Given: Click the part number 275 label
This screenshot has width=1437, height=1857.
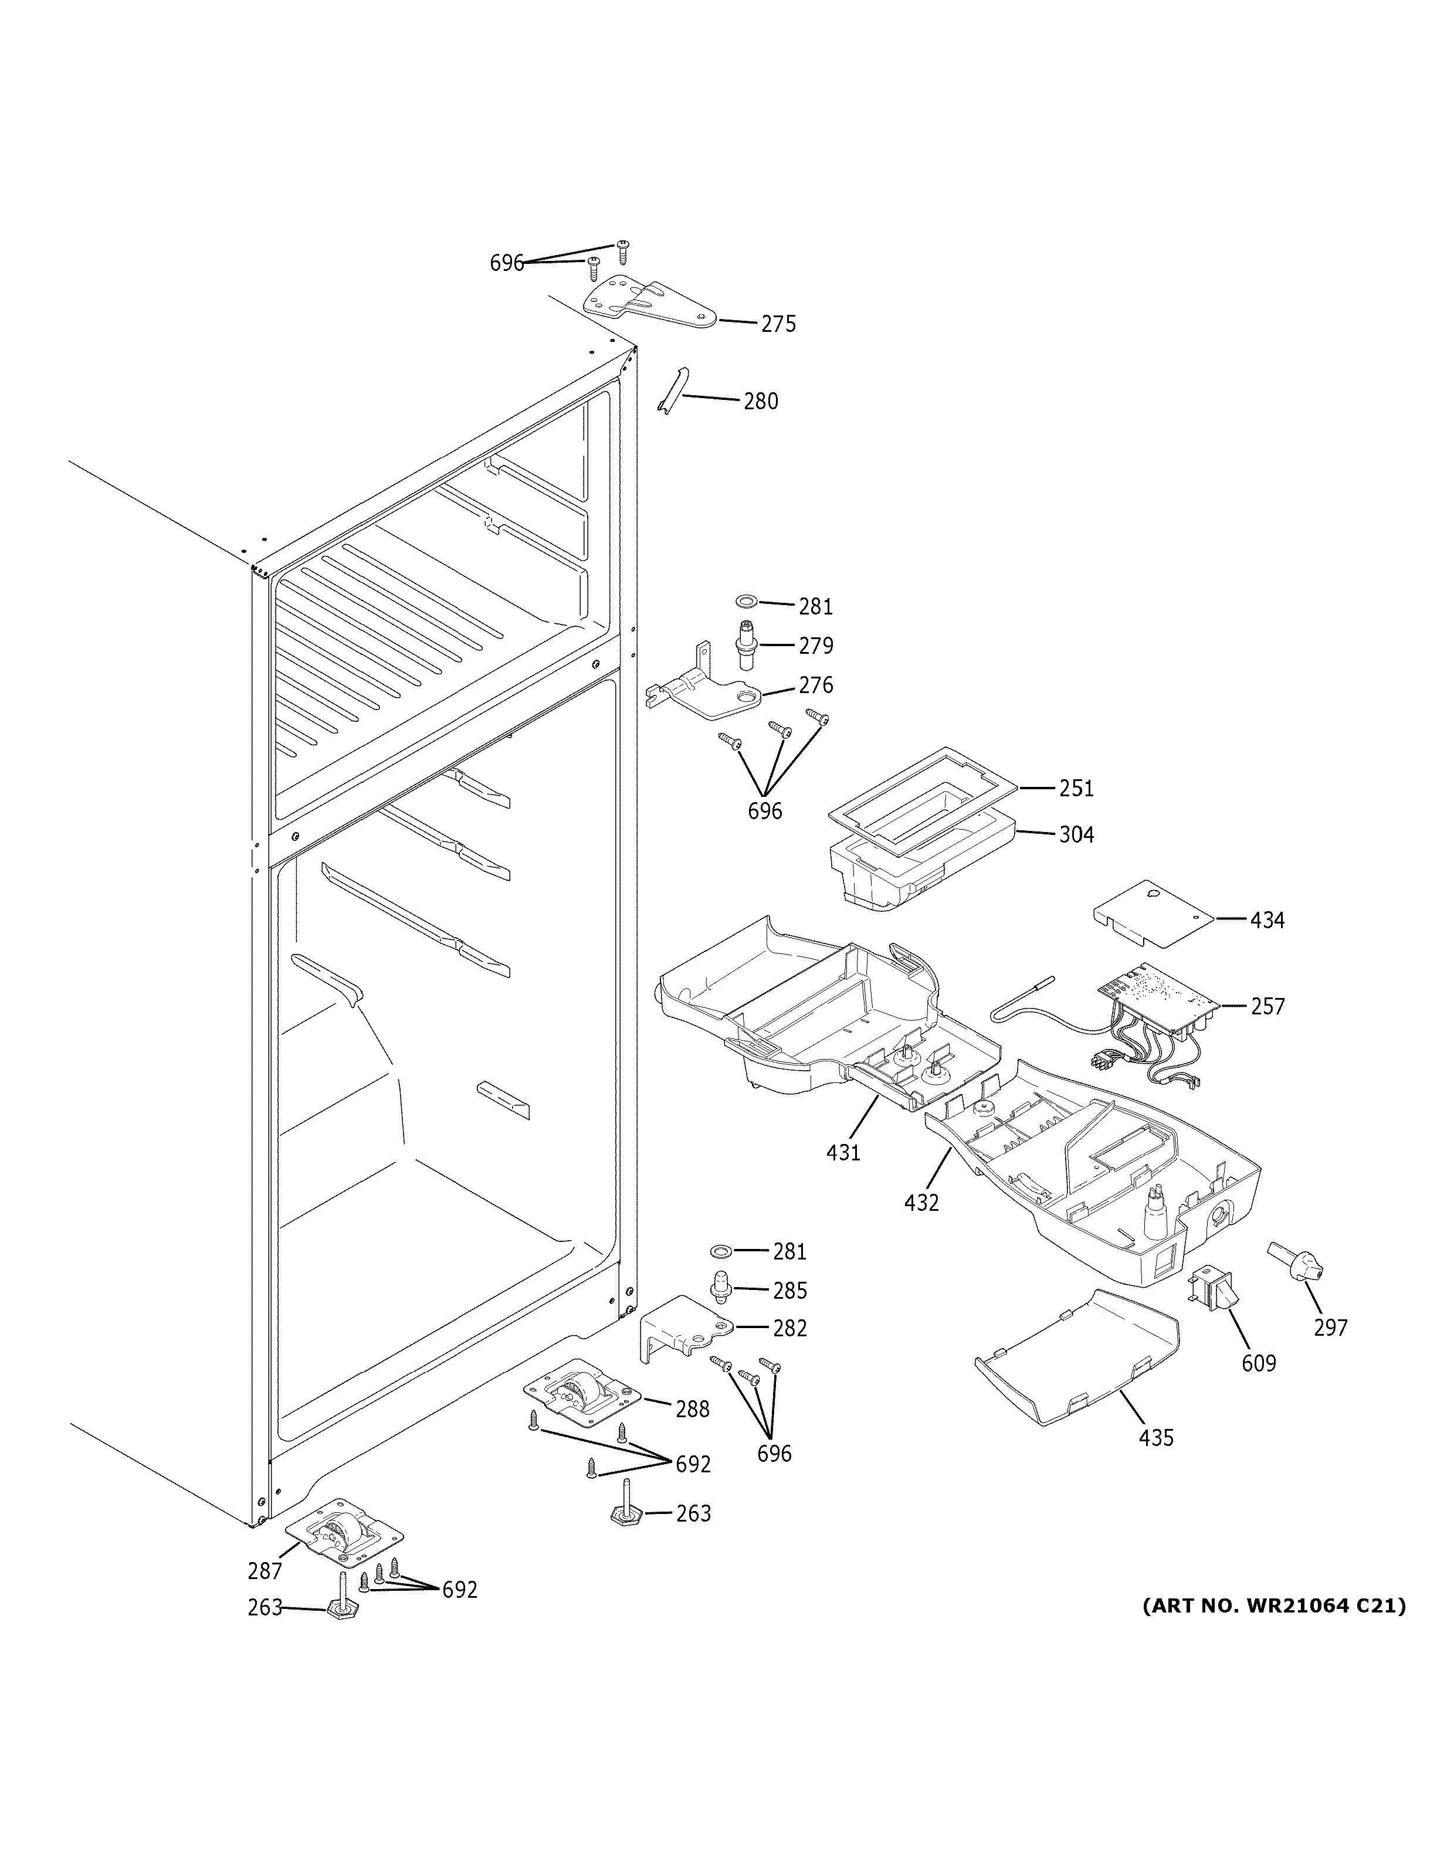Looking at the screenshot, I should click(x=778, y=324).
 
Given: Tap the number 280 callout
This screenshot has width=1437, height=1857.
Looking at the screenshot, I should click(x=760, y=401).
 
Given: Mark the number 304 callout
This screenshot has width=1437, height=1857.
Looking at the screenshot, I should click(x=1076, y=835).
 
